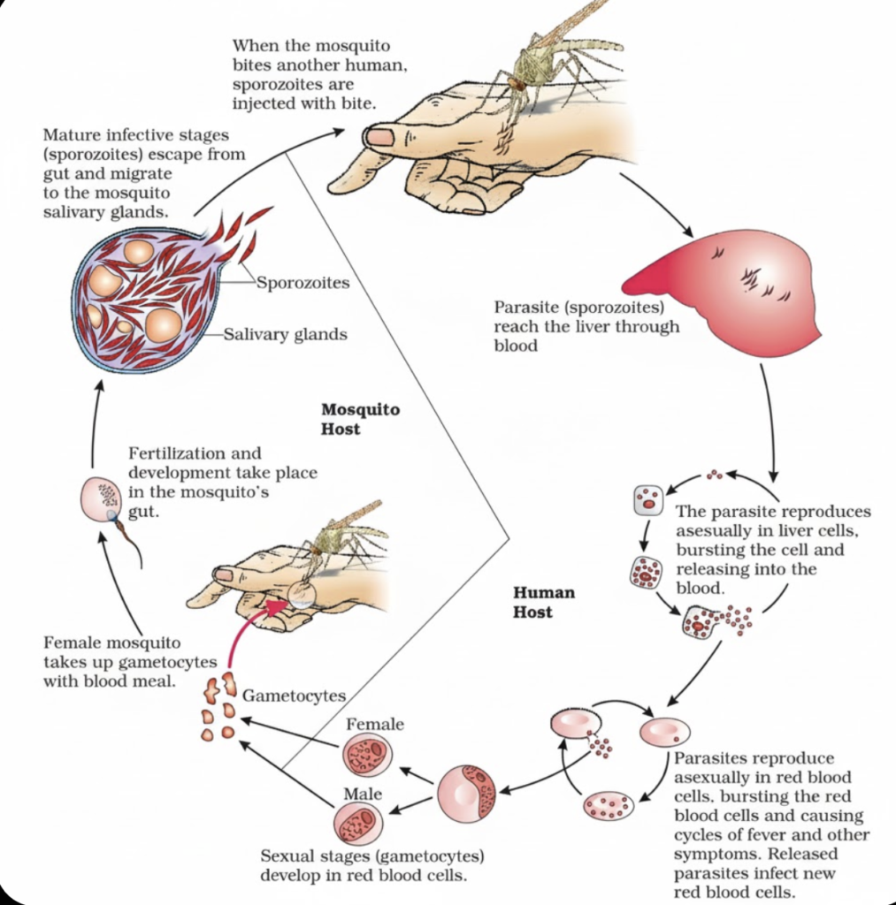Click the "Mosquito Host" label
point(361,419)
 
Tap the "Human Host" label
point(544,602)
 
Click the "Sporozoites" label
point(302,283)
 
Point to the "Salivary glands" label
point(286,334)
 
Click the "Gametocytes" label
point(294,696)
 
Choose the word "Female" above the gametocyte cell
point(375,724)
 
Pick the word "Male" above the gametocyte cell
point(363,795)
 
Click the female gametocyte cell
point(367,755)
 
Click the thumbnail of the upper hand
point(379,137)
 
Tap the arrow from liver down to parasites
point(770,422)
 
